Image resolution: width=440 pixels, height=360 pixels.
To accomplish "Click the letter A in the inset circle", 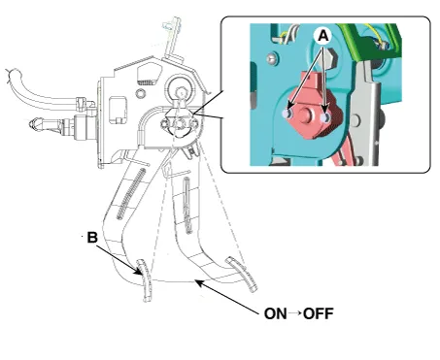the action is [323, 36].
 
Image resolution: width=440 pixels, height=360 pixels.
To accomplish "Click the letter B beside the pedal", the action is [92, 238].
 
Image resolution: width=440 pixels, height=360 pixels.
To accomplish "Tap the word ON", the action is [275, 313].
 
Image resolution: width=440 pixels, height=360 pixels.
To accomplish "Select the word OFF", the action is [319, 313].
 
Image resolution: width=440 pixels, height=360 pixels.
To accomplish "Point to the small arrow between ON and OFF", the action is [295, 313].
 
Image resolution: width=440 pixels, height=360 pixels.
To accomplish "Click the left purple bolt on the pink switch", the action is [287, 114].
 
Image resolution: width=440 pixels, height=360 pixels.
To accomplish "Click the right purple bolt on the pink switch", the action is [325, 118].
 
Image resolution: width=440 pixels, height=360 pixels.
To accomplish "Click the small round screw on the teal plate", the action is [273, 58].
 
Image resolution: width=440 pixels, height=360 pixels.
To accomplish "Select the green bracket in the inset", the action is [369, 42].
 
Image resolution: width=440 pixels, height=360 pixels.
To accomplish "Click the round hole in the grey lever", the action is [355, 120].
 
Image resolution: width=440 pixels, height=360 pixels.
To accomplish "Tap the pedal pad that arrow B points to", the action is [145, 280].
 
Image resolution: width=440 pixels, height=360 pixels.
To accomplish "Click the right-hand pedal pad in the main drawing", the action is [242, 275].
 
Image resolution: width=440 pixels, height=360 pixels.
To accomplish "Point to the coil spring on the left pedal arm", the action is [130, 194].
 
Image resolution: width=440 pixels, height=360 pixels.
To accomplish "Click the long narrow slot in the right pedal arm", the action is [187, 205].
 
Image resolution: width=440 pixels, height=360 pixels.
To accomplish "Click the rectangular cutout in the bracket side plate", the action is [118, 110].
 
